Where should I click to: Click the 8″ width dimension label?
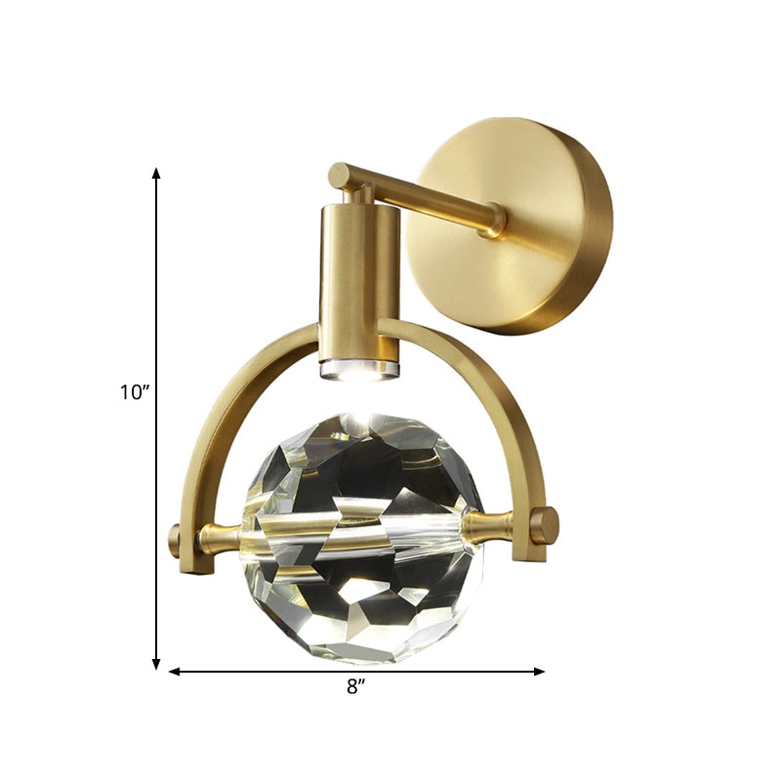[x=355, y=686]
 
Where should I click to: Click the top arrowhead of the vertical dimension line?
[x=156, y=174]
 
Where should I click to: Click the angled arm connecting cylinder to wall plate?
[x=420, y=197]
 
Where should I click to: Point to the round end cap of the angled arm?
[x=338, y=177]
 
